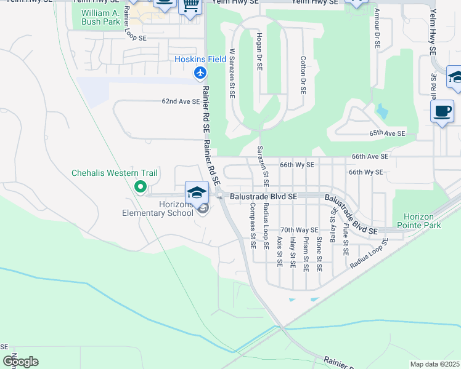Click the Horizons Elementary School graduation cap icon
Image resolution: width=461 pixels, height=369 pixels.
tap(197, 192)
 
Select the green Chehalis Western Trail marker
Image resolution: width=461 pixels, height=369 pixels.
tap(140, 187)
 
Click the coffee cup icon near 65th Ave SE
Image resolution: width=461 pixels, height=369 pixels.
tap(442, 111)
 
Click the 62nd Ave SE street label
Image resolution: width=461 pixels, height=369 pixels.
tap(181, 101)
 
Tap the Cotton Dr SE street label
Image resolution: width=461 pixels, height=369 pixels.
tap(303, 75)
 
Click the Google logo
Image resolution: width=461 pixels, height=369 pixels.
tap(20, 362)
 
